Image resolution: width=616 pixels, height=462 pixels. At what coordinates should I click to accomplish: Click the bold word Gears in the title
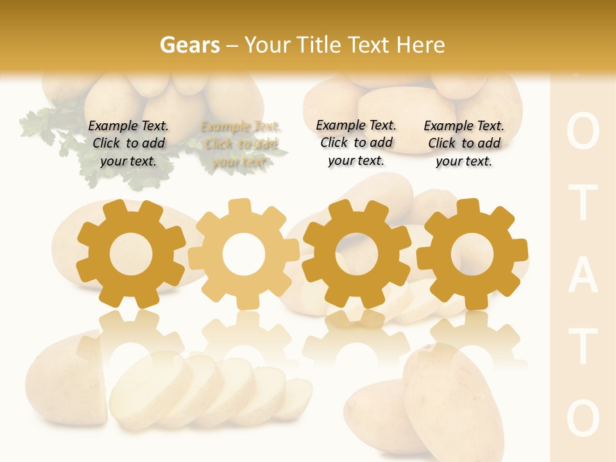point(189,45)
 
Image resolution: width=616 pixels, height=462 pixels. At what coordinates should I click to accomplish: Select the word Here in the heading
point(420,45)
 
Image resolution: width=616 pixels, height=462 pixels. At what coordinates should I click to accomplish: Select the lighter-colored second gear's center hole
point(243,254)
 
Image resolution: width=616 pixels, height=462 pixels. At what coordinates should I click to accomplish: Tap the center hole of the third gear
point(356,254)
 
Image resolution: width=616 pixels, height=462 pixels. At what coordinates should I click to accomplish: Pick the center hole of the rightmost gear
point(472,254)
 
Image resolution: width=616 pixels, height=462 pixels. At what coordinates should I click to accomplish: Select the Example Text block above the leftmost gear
point(128,144)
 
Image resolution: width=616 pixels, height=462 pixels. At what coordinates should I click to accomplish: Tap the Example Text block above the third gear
point(356,143)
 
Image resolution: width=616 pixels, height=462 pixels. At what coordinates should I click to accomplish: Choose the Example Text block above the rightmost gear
point(464,144)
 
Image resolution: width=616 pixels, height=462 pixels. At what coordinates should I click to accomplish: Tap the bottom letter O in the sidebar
point(583,418)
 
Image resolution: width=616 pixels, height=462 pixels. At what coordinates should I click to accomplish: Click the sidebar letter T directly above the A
point(583,203)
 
